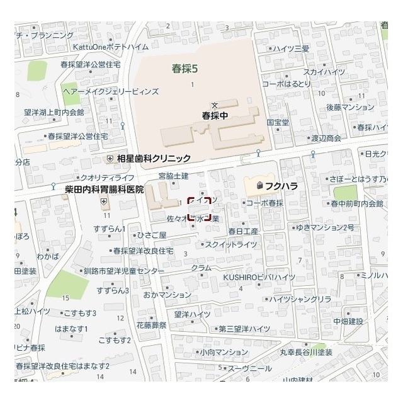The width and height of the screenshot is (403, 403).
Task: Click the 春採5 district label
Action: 185,69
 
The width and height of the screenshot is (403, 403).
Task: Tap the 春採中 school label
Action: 214,115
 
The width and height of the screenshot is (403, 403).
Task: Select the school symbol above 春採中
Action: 214,105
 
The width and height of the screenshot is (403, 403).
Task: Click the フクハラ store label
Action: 281,186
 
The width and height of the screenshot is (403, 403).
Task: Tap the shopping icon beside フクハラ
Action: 259,186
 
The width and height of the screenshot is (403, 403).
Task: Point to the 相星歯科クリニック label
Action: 154,158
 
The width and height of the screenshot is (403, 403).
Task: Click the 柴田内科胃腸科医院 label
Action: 105,189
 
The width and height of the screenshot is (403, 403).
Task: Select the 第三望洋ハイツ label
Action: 244,329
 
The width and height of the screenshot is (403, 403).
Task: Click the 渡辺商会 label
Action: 326,138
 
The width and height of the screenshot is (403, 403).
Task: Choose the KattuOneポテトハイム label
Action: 119,47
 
